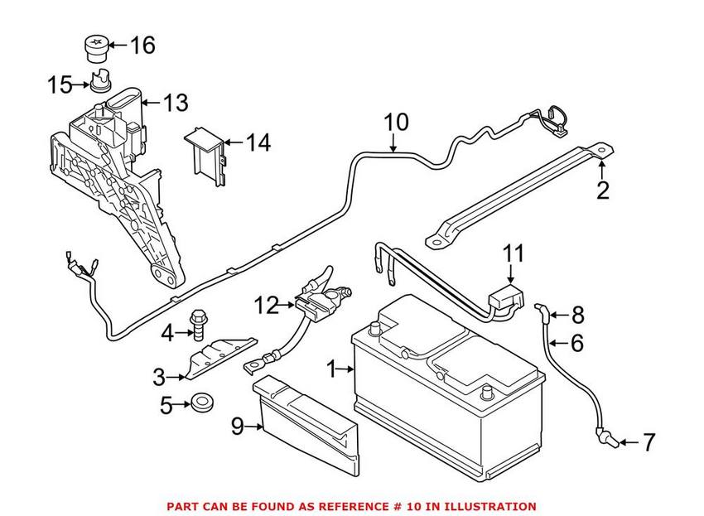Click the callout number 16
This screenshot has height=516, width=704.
point(142,45)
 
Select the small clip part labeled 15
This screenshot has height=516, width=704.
point(102,84)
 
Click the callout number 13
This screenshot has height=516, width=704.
point(175,104)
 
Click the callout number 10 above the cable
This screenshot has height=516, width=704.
point(396,123)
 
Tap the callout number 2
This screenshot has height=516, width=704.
point(603,190)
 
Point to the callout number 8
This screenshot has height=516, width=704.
point(578,314)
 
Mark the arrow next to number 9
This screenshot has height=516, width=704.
point(254,428)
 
